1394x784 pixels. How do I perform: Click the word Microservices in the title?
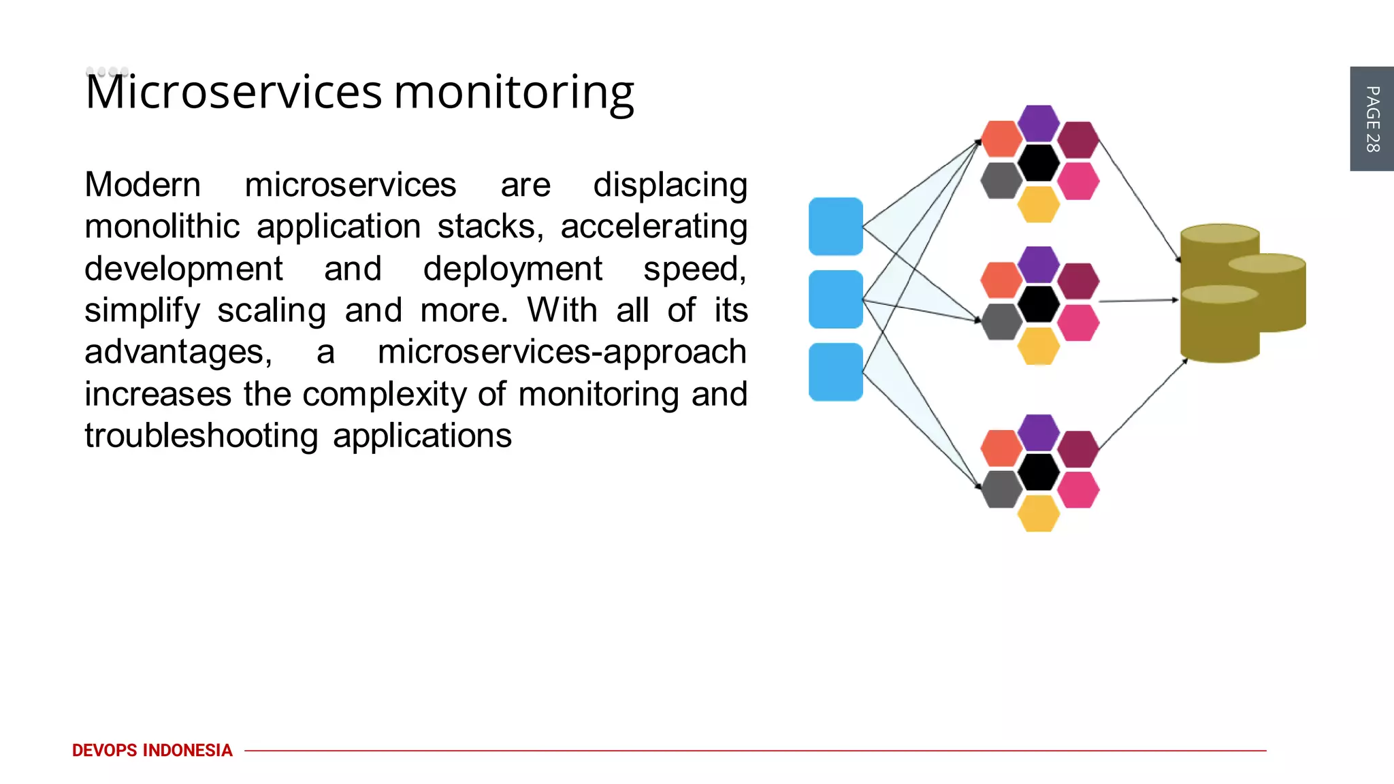(233, 92)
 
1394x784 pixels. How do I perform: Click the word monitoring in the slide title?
(514, 93)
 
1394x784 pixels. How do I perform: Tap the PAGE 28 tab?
(1372, 119)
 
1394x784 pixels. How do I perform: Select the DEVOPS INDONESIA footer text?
(152, 750)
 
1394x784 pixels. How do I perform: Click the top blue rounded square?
(835, 227)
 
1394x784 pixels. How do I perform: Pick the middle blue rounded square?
(835, 299)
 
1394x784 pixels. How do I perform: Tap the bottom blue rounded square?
(835, 372)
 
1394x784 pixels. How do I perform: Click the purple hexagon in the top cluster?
(1038, 123)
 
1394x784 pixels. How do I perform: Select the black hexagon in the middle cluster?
(1038, 304)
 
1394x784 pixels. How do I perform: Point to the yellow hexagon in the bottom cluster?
(1038, 513)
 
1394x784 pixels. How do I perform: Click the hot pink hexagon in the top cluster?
(1078, 181)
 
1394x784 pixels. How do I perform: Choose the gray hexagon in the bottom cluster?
(1001, 489)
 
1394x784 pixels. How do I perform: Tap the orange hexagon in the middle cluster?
(1001, 280)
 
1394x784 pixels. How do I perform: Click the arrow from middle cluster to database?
(1138, 300)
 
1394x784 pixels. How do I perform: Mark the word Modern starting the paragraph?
(143, 184)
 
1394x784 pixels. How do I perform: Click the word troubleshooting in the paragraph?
(201, 436)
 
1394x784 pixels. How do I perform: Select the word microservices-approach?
(562, 352)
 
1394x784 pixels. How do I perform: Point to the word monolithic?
(162, 227)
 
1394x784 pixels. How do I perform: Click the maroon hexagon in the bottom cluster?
(1078, 449)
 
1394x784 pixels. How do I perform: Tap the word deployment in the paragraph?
(512, 269)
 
